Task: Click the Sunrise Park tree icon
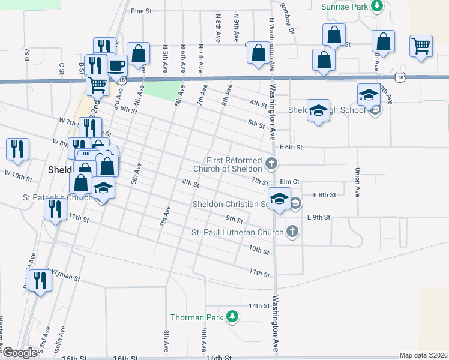click(376, 7)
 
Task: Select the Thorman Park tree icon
click(231, 317)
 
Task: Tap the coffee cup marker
click(116, 64)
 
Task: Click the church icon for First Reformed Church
click(271, 163)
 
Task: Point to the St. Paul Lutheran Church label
click(237, 232)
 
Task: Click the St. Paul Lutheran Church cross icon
click(292, 232)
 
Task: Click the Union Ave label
click(357, 182)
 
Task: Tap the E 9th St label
click(318, 217)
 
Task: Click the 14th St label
click(259, 306)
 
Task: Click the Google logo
click(20, 353)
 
